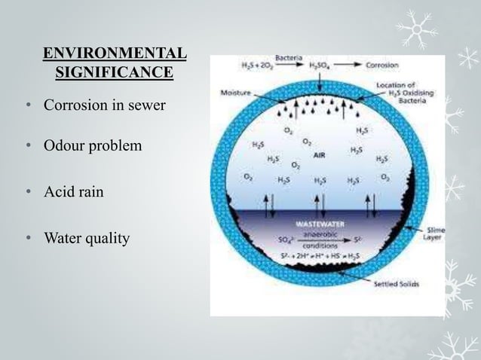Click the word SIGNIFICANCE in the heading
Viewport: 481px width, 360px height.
coord(114,73)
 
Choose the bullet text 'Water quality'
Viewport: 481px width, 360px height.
coord(87,239)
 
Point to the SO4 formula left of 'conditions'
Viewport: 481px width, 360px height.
coord(285,241)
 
